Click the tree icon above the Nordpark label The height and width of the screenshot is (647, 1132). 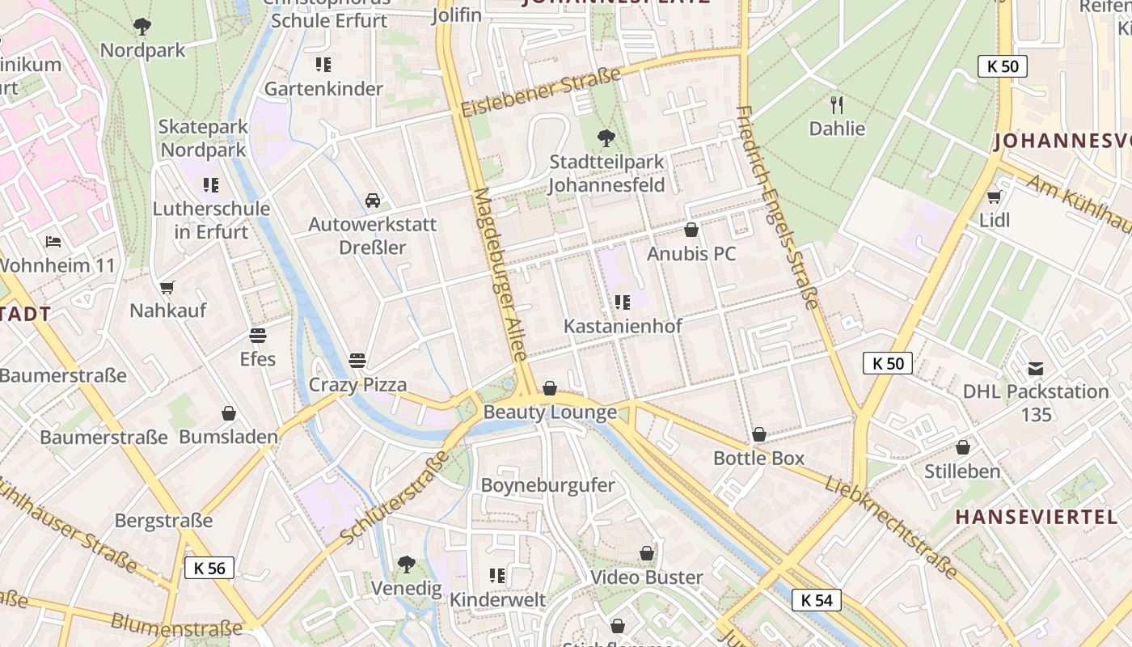[x=142, y=27]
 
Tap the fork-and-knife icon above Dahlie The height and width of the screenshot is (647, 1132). [x=837, y=104]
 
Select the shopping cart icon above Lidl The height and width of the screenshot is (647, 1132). [x=994, y=197]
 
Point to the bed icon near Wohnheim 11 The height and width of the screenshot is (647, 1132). [x=53, y=241]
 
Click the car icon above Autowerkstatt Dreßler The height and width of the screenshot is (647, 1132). [x=372, y=200]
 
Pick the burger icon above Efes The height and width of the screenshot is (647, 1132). [x=258, y=335]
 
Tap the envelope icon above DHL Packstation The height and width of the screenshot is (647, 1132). [x=1035, y=369]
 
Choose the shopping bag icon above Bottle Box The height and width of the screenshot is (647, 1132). [x=758, y=434]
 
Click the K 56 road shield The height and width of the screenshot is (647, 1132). [x=209, y=568]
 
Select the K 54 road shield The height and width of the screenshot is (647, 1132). [x=817, y=600]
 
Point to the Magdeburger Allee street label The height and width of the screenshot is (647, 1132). [x=501, y=275]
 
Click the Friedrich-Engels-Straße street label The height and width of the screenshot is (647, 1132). [x=779, y=207]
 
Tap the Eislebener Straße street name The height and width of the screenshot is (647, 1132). [x=541, y=91]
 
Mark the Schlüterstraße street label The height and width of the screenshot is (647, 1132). [x=395, y=498]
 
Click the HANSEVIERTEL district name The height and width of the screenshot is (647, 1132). [x=1036, y=517]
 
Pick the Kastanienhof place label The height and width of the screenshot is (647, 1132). [x=623, y=326]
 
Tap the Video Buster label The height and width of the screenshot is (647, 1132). [x=646, y=577]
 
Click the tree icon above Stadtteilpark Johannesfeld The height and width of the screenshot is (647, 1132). [x=606, y=138]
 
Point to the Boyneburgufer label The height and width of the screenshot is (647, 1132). [x=547, y=485]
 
